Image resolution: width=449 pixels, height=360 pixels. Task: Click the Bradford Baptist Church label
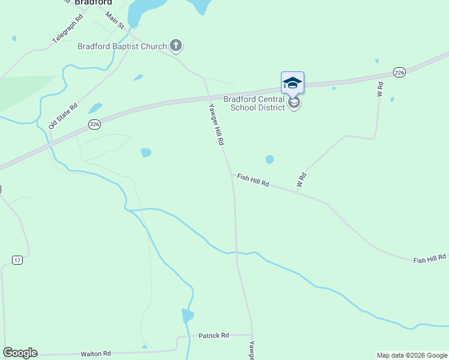tap(123, 46)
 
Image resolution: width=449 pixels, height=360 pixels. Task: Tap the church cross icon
tap(176, 45)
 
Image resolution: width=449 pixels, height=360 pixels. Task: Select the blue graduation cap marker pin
tap(292, 83)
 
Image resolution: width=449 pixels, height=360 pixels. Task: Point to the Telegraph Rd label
tap(68, 29)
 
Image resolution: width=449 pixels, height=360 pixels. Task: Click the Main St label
tap(114, 20)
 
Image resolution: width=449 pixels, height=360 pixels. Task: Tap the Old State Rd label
tap(64, 116)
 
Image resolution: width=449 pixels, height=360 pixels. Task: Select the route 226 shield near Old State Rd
tap(94, 124)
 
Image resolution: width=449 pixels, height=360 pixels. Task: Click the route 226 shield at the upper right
tap(400, 72)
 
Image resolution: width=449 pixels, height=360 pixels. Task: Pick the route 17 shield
tap(17, 260)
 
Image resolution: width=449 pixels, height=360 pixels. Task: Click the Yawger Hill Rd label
tap(215, 124)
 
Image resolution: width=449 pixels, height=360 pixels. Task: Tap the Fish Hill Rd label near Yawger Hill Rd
tap(253, 178)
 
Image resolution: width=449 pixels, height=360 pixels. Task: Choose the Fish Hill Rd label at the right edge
tap(429, 258)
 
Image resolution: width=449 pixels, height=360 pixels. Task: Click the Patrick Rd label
tap(214, 336)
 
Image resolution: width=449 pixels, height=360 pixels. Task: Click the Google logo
tap(20, 353)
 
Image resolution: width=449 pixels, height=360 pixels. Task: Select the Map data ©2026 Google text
tap(412, 355)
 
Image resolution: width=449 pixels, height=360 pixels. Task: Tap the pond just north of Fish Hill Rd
tap(270, 159)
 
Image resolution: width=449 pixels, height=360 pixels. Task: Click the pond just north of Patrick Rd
tap(187, 316)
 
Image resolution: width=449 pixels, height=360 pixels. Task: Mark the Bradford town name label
tap(94, 2)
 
